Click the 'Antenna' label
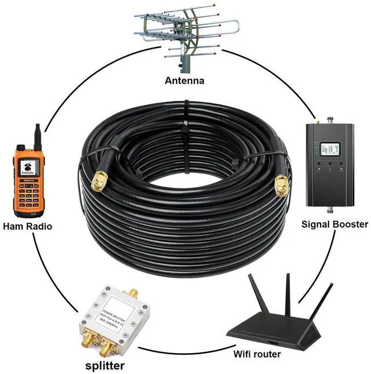184,81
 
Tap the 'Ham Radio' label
27,226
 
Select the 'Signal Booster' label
335,224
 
